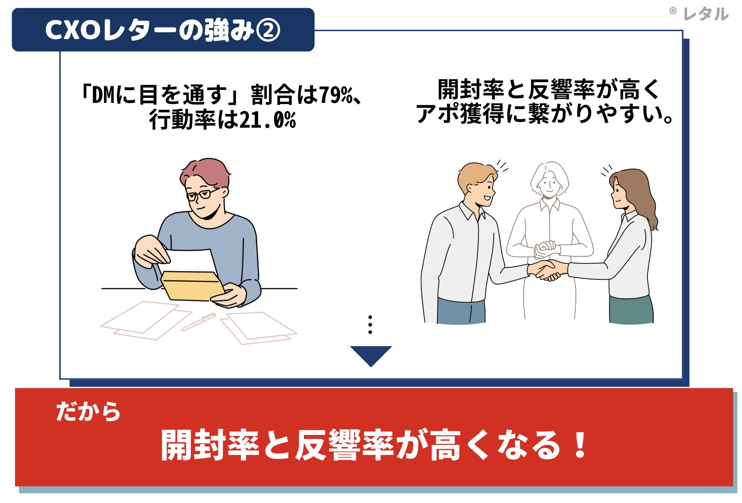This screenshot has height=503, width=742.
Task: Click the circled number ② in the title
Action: point(268,31)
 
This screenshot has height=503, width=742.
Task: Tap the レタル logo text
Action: point(706,14)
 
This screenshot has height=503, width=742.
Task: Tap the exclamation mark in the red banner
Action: point(580,445)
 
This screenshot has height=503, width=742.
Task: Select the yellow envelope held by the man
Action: point(192,286)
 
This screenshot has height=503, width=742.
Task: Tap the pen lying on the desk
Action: point(199,322)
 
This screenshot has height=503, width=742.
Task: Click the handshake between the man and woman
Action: point(546,270)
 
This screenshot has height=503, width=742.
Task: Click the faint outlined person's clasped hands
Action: point(545,249)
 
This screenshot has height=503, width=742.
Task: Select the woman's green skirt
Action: point(631,310)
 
